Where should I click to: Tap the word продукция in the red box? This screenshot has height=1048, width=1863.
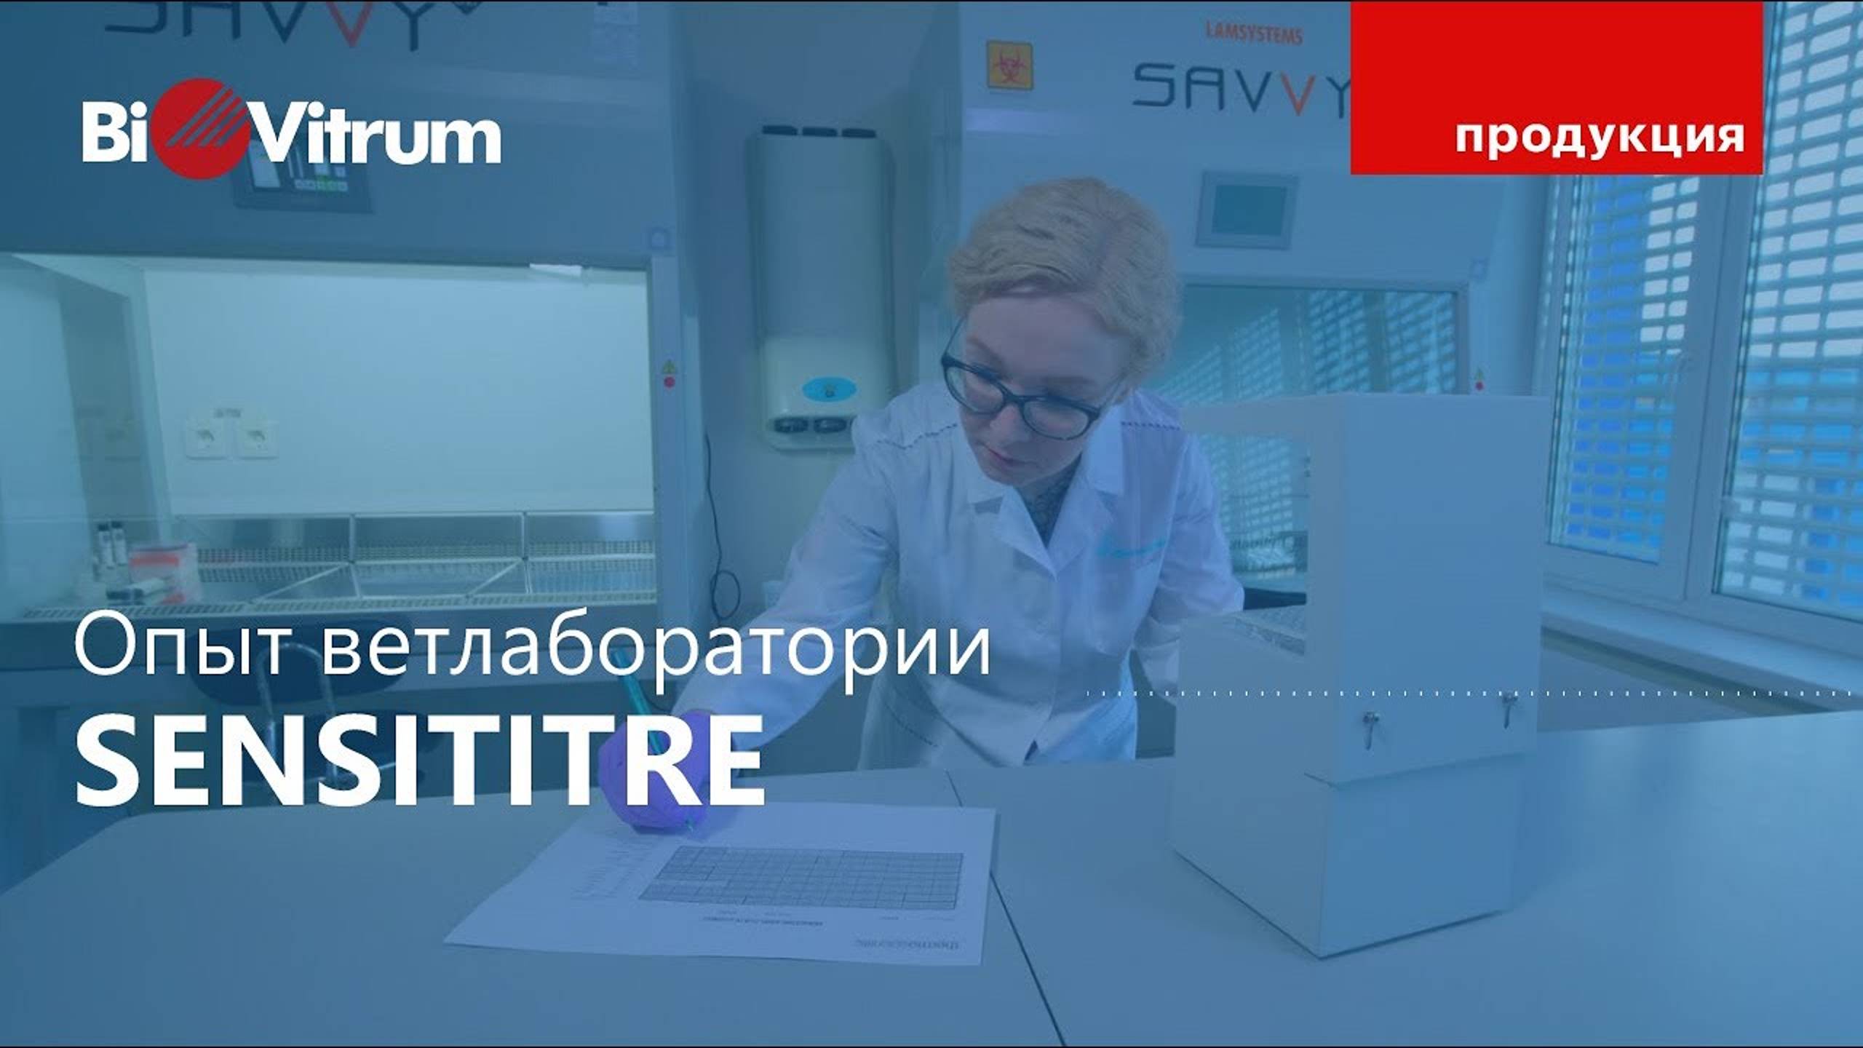coord(1600,136)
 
